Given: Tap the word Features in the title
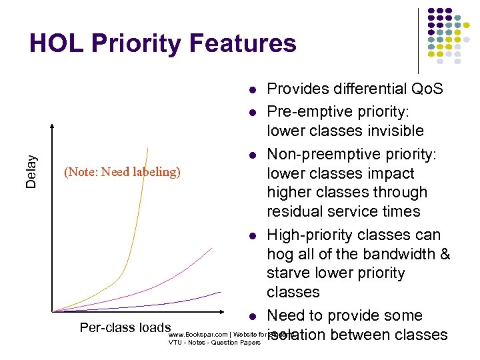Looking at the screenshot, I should coord(243,43).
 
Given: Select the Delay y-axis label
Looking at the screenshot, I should coord(31,171).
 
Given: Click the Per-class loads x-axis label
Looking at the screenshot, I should coord(125,327).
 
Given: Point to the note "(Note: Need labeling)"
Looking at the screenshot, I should coord(122,172).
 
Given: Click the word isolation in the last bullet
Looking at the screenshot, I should coord(299,335).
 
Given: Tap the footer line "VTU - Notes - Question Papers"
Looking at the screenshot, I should coord(214,343).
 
